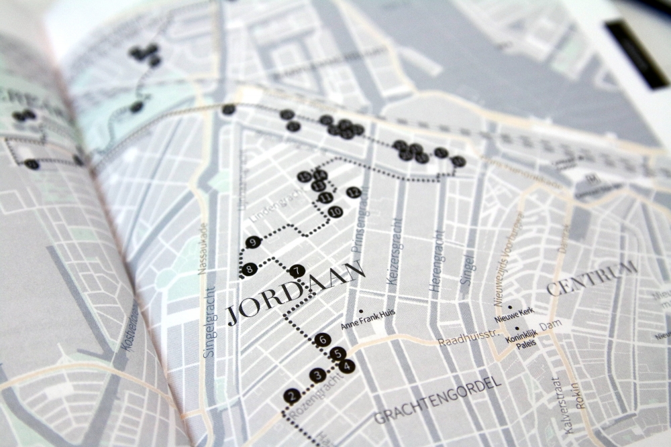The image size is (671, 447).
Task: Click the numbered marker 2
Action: [291, 396]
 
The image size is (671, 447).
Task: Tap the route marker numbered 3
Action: [317, 375]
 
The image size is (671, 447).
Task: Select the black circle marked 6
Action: [323, 340]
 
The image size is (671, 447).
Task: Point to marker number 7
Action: [298, 271]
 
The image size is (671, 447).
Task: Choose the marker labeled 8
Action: [249, 269]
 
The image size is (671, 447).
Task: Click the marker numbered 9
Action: [253, 242]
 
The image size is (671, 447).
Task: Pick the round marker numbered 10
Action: [335, 212]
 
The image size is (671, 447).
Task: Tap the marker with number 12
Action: [354, 192]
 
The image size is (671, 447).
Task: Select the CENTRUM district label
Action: [591, 278]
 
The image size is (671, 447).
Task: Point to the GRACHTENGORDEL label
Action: [437, 400]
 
